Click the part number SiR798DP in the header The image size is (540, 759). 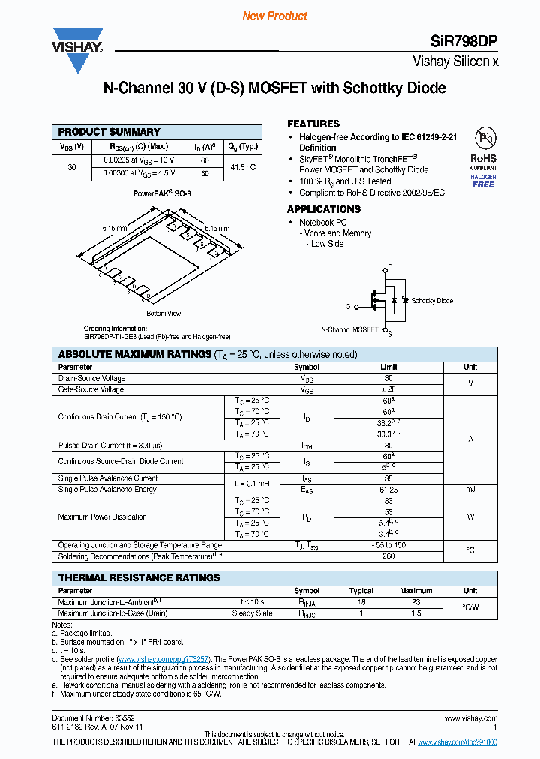(467, 42)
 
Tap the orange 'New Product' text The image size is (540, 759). (274, 16)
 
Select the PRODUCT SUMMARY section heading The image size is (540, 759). (109, 131)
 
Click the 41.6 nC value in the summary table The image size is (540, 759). (244, 166)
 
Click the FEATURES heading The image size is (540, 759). (313, 124)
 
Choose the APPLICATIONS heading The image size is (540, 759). (324, 209)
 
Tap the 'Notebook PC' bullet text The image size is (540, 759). (322, 223)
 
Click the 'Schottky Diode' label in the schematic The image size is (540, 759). (432, 300)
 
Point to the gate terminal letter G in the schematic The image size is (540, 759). (348, 306)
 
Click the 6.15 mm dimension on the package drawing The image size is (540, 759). (115, 227)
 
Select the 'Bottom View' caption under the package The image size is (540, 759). (163, 313)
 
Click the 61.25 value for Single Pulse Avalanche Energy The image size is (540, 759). (388, 489)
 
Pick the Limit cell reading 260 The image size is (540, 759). (388, 556)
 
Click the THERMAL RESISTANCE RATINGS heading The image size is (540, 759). (139, 577)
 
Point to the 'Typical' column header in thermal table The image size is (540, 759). (361, 590)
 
